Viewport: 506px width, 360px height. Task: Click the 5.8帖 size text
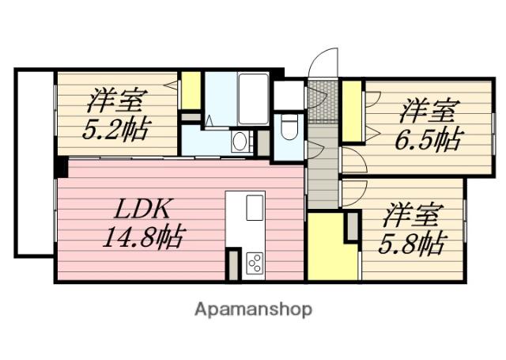coord(413,241)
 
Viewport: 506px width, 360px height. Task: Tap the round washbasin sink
coord(239,143)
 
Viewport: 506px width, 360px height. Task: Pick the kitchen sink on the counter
coord(255,207)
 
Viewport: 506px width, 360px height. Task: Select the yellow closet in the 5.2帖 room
coord(191,92)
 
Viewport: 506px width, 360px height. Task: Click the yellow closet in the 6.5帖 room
coord(352,110)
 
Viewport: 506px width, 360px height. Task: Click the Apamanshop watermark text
coord(253,309)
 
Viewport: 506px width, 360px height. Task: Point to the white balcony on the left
coord(34,162)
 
